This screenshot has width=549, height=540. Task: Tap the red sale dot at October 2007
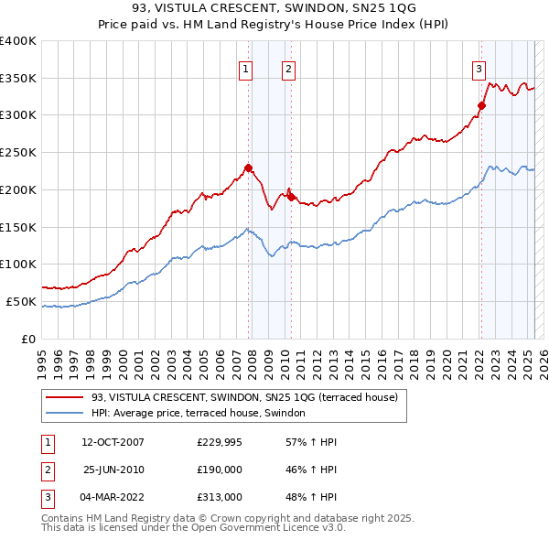(x=248, y=167)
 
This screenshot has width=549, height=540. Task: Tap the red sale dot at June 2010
(x=291, y=197)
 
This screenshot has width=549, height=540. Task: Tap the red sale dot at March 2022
(x=481, y=105)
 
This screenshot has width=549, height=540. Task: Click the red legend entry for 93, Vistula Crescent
(x=244, y=398)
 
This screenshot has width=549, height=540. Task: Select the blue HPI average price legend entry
(x=204, y=414)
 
